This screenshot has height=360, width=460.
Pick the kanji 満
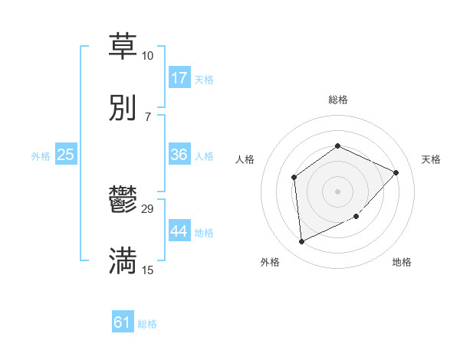click(x=123, y=261)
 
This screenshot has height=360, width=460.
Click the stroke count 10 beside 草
click(x=147, y=56)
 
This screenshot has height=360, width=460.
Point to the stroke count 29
click(x=148, y=208)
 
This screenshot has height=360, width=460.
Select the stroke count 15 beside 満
click(x=147, y=270)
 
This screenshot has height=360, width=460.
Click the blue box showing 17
click(x=179, y=78)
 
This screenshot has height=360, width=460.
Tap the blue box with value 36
click(x=179, y=155)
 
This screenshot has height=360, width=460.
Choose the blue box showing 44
click(x=179, y=231)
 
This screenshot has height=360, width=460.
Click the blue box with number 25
click(x=66, y=155)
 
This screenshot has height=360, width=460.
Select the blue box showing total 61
click(x=123, y=322)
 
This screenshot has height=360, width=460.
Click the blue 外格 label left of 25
click(x=41, y=155)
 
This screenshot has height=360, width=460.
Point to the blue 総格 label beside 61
click(x=147, y=324)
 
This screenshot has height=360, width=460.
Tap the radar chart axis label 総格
click(x=337, y=100)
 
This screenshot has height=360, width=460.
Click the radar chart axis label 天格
click(x=431, y=159)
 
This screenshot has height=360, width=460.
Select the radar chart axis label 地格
click(x=402, y=262)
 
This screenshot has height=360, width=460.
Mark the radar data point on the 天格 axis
click(x=396, y=172)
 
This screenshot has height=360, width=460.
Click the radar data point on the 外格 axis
click(x=301, y=242)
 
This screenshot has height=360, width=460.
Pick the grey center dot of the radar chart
click(x=337, y=191)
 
